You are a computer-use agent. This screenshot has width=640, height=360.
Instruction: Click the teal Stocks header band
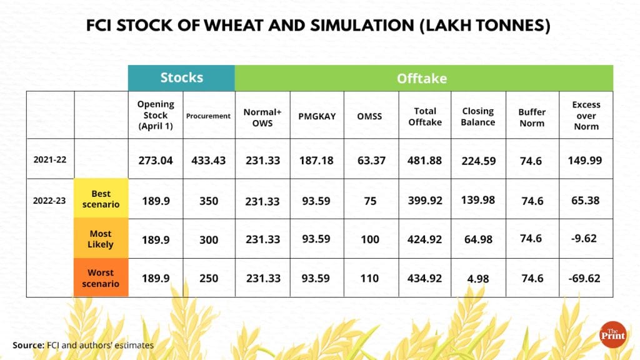(181, 78)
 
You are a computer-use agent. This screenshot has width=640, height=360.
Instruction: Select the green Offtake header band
(423, 78)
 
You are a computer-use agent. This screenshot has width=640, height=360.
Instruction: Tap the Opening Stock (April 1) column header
(156, 116)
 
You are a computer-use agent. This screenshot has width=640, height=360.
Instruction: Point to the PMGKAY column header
(316, 116)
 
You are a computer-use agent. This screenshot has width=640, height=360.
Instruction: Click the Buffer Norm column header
(532, 117)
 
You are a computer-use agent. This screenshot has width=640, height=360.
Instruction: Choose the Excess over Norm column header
(586, 116)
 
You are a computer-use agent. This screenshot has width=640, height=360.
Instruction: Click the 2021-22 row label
(50, 160)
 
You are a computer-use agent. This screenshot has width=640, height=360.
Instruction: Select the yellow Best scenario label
(101, 199)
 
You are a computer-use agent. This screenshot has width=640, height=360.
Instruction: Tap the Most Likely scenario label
(101, 239)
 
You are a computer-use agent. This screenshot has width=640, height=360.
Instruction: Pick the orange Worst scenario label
(101, 278)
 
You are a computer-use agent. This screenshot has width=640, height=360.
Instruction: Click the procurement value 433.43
(209, 161)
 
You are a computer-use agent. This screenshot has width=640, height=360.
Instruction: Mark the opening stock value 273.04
(156, 161)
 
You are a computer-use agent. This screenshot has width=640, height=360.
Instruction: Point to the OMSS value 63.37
(369, 161)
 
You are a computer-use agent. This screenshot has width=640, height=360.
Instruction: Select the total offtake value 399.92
(425, 201)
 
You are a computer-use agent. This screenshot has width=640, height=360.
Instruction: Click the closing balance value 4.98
(478, 278)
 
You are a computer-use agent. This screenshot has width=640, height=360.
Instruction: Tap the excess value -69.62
(584, 278)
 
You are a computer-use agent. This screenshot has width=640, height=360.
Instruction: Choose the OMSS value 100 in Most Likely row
(369, 239)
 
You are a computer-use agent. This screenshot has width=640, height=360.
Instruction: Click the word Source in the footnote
(28, 345)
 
